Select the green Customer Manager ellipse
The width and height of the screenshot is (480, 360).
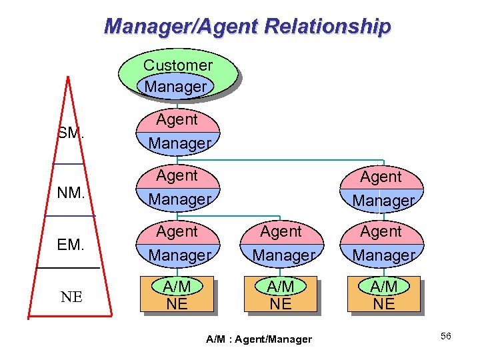click(177, 75)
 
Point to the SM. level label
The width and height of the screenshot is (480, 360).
click(71, 133)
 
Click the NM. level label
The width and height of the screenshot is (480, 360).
click(71, 193)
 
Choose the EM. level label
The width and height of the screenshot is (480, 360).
click(71, 245)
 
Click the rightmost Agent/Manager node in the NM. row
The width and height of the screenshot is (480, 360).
click(383, 188)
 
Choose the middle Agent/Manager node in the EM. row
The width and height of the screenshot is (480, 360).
click(280, 243)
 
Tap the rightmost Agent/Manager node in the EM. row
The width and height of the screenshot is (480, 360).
click(383, 243)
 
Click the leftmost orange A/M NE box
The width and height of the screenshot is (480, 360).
click(177, 294)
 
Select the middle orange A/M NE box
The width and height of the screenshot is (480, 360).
click(280, 294)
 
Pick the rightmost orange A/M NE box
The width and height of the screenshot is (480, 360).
click(383, 294)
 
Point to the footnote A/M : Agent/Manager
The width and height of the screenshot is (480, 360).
click(259, 339)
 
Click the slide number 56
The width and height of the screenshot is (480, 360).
click(445, 336)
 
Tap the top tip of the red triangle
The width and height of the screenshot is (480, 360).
click(68, 77)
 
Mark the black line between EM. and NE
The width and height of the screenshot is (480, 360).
click(67, 267)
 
